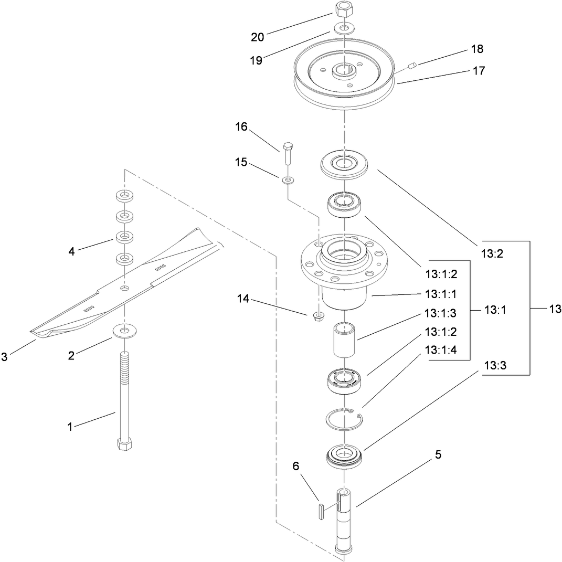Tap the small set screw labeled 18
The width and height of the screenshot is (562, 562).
point(412,66)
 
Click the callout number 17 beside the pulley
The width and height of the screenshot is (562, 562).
point(479,70)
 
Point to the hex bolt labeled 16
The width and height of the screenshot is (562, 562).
point(287,152)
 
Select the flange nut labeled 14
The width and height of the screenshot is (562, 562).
point(317,316)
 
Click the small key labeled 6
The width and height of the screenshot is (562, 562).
point(320,511)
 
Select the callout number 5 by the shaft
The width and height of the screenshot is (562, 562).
point(438,455)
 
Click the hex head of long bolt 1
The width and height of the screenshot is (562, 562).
point(123,444)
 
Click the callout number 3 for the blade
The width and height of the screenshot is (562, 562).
point(5,357)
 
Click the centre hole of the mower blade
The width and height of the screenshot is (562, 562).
point(124,289)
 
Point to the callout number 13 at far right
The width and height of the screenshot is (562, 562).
point(555,309)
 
